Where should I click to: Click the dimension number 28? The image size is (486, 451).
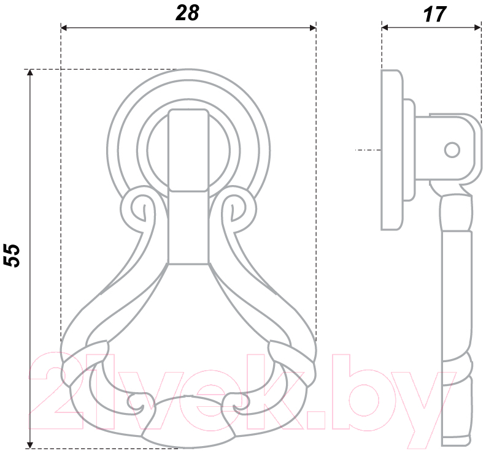point(187,13)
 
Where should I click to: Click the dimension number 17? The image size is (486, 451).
point(434,14)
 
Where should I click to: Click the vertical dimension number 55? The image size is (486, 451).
point(12,256)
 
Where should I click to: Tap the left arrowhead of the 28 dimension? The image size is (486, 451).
point(64,28)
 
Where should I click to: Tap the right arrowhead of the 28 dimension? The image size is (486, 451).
point(313,28)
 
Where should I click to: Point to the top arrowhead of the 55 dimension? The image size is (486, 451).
point(29,72)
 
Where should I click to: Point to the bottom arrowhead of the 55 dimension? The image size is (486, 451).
point(29,445)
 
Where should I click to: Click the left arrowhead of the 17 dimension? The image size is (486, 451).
point(385,28)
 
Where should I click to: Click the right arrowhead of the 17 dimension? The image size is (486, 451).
point(477,28)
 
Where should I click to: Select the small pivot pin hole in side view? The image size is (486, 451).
point(452,150)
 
